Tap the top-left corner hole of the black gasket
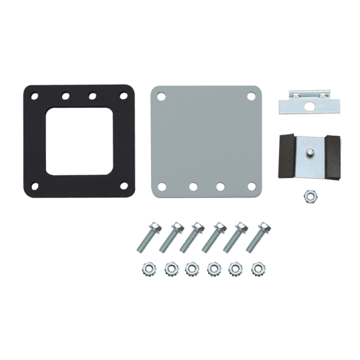point(35,96)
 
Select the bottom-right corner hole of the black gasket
point(123,186)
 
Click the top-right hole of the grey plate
point(251,96)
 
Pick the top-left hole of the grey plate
point(161,96)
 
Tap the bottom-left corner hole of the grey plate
point(162,186)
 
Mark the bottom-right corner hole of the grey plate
point(251,186)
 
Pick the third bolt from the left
point(192,237)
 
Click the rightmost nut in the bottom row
point(258,268)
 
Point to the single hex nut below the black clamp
point(311,195)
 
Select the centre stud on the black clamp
point(310,153)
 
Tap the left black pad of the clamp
point(286,157)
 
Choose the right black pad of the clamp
point(333,157)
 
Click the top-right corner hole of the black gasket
point(123,96)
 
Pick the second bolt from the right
point(238,237)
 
